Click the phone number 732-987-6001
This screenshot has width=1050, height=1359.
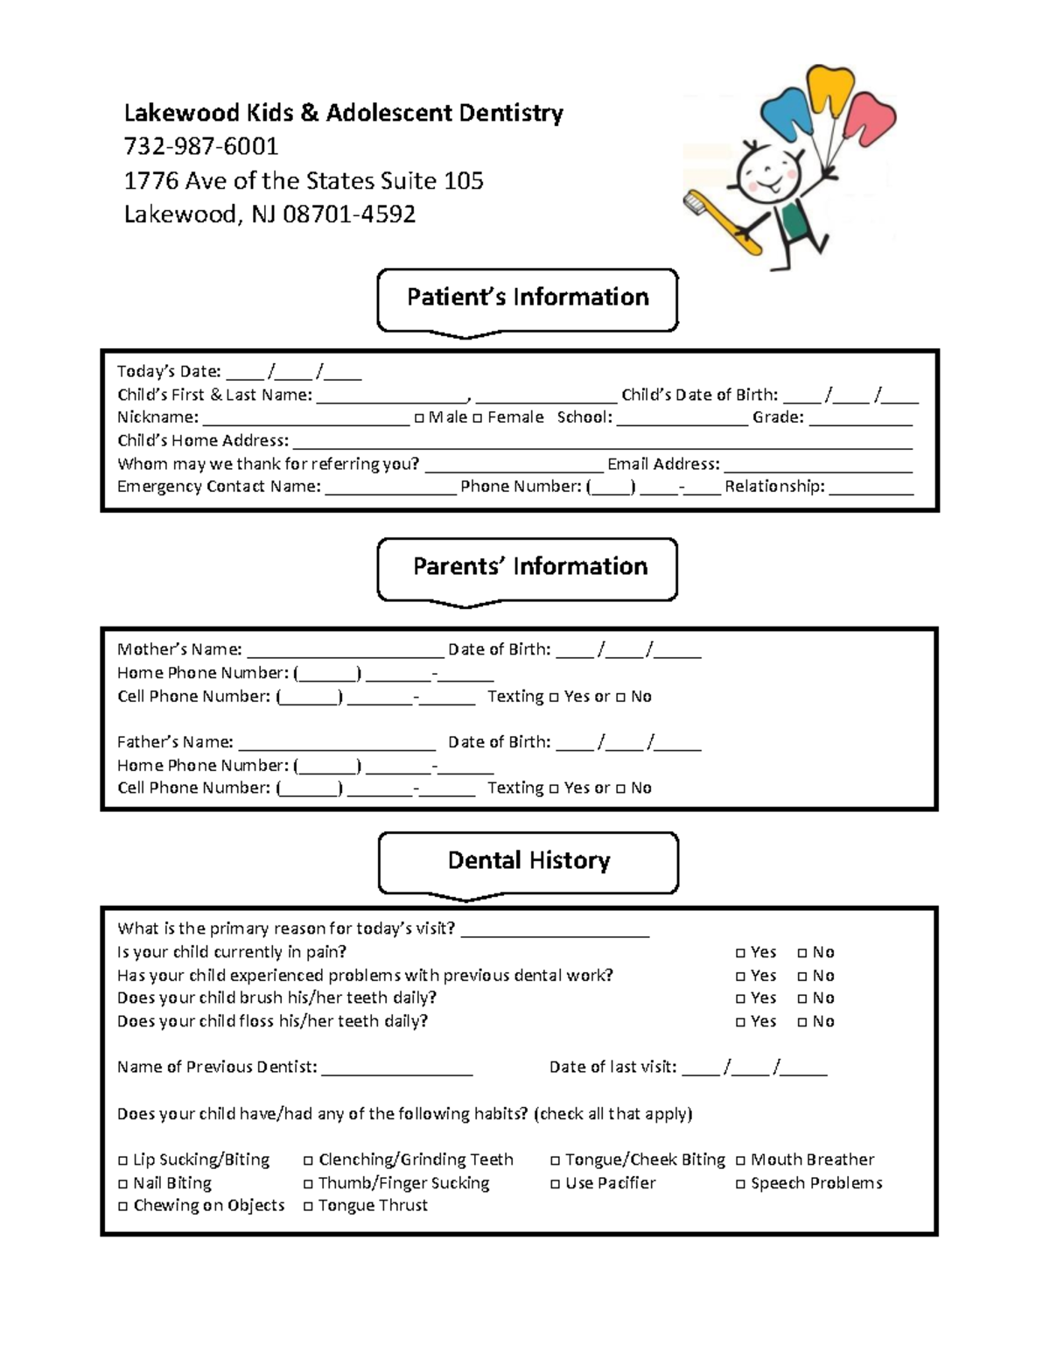coord(200,146)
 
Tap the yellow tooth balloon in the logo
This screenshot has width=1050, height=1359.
coord(829,90)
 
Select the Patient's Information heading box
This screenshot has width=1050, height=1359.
coord(527,298)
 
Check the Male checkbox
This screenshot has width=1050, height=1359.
coord(419,418)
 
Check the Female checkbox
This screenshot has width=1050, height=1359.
coord(478,418)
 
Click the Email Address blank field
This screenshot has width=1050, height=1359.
coord(817,466)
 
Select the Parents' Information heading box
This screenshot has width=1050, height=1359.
coord(527,568)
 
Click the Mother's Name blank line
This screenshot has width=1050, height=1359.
coord(346,652)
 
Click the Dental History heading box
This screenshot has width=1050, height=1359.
coord(528,861)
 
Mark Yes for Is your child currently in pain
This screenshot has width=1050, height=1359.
coord(741,953)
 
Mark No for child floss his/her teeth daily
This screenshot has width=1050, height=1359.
coord(802,1022)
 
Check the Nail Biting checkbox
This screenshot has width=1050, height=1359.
coord(123,1184)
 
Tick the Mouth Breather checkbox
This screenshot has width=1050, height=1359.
coord(741,1160)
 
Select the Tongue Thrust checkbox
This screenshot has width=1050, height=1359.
coord(309,1207)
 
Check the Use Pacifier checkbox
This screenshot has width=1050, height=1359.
coord(556,1184)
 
